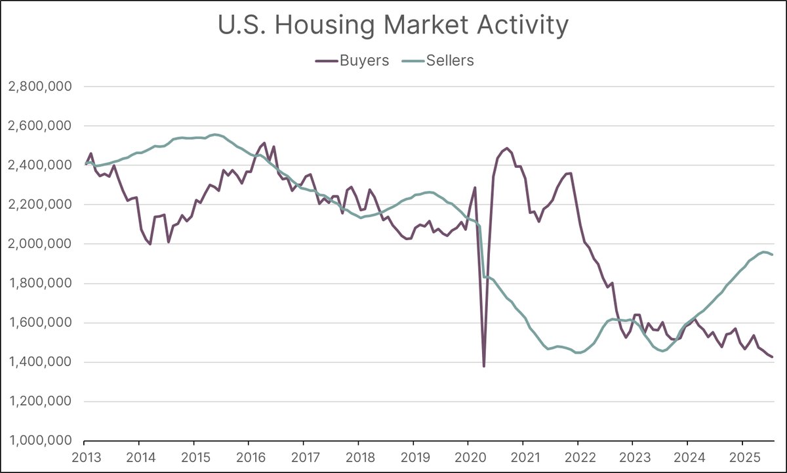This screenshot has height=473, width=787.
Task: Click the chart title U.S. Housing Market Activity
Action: pos(393,26)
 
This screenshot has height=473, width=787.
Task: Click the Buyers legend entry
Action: pos(352,60)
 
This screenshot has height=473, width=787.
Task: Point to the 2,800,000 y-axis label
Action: pos(41,87)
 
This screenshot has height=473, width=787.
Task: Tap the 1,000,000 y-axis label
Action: pos(41,441)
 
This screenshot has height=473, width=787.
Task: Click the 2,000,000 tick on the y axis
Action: pos(41,244)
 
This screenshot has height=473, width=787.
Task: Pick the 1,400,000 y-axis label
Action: pos(41,362)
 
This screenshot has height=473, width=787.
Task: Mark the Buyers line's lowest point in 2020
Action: pos(484,366)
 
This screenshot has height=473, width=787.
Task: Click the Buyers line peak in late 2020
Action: pos(507,148)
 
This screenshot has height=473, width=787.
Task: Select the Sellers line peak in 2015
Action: pos(215,134)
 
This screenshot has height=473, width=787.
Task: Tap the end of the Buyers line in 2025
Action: pos(773,357)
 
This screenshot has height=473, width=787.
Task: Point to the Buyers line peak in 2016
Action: pos(264,143)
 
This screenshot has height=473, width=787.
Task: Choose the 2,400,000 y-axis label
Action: pos(41,165)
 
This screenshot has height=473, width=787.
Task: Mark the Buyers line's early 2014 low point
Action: pos(150,244)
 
